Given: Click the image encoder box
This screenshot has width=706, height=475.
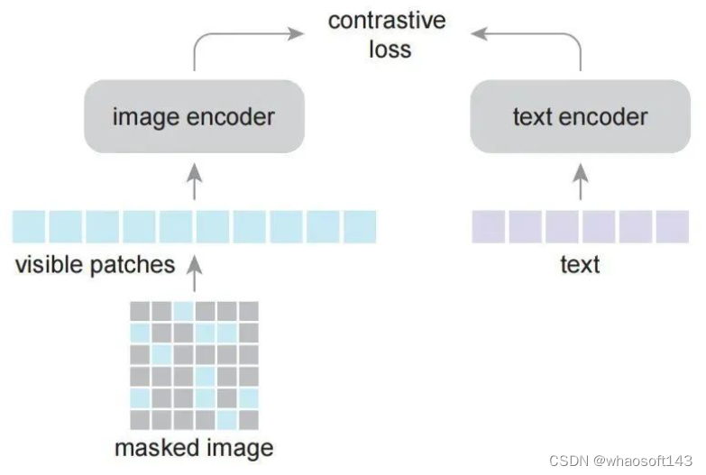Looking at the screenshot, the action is point(193,116).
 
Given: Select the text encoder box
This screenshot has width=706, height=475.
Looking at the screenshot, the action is point(580,116).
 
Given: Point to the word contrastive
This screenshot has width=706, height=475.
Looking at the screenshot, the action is point(387,21).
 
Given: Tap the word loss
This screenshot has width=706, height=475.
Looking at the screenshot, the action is point(390,49).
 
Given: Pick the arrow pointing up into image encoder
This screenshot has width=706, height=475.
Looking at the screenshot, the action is point(194,180).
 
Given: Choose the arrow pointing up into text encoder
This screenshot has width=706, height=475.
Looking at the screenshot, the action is point(580,180).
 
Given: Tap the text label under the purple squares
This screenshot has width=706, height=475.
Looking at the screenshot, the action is point(580,264).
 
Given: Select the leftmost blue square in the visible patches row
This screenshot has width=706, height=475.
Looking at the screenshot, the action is point(29,226).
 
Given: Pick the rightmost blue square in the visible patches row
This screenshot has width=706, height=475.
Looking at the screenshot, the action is point(359,226).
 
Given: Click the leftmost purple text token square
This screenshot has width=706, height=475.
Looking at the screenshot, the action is point(488,226).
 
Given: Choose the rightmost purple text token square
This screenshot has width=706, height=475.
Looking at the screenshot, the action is point(672,226).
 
